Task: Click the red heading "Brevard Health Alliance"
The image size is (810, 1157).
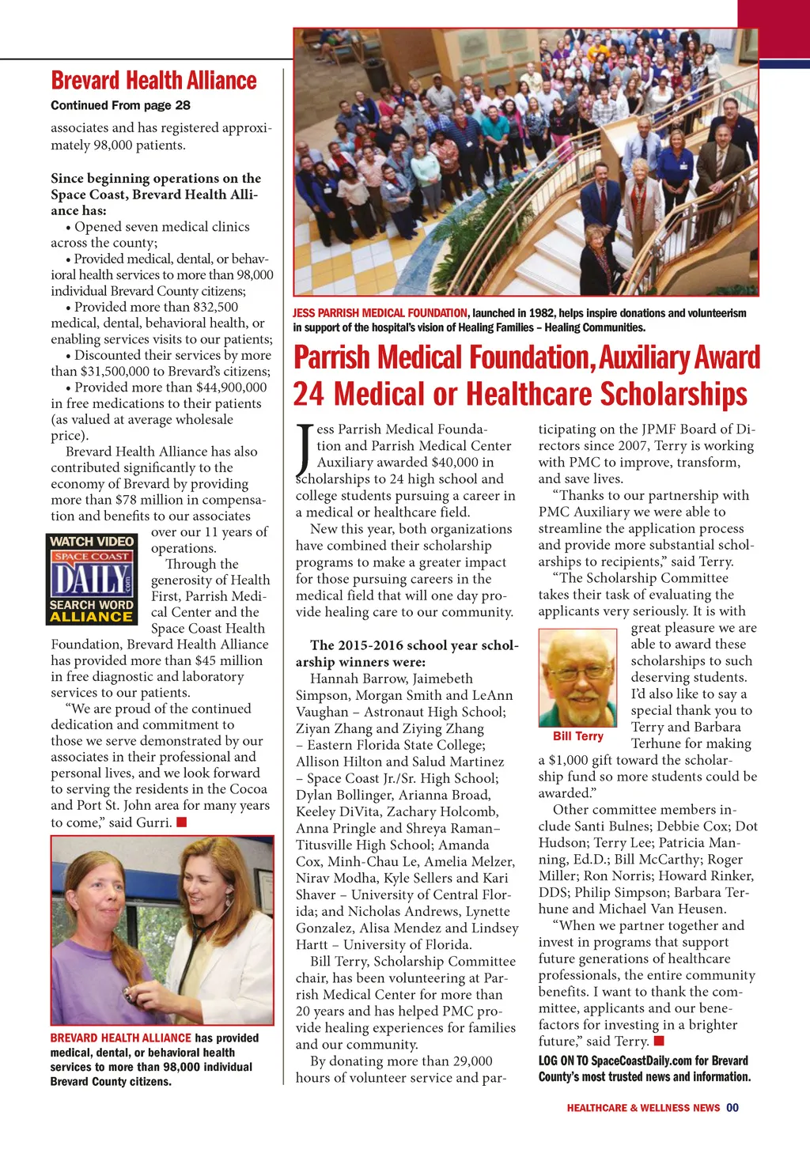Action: tap(153, 81)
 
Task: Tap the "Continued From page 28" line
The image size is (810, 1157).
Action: tap(120, 105)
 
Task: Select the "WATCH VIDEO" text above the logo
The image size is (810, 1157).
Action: tap(92, 542)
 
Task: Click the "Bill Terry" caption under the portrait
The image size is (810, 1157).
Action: tap(577, 736)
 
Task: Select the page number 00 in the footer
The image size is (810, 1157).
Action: tap(732, 1108)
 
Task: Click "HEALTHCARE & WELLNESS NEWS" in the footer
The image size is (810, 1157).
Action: tap(643, 1108)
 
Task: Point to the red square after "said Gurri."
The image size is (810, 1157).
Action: tap(181, 822)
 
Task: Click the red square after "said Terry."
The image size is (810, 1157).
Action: tap(659, 1041)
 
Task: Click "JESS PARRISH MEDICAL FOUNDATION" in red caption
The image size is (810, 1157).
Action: tap(380, 313)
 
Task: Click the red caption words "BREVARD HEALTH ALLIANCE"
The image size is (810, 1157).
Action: tap(120, 1038)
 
